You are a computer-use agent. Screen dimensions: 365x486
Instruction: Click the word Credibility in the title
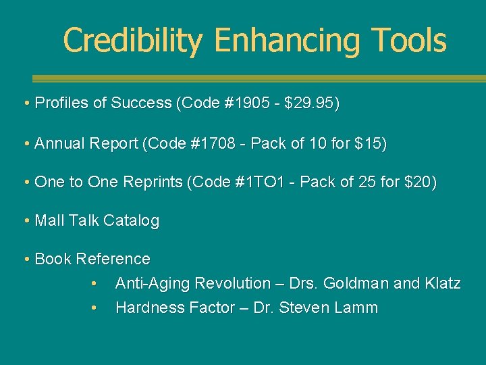tap(132, 41)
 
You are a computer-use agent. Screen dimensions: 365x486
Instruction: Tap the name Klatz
tap(443, 284)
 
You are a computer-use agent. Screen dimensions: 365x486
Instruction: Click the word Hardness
tap(146, 308)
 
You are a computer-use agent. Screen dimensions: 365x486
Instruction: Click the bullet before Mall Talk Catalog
tap(25, 221)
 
